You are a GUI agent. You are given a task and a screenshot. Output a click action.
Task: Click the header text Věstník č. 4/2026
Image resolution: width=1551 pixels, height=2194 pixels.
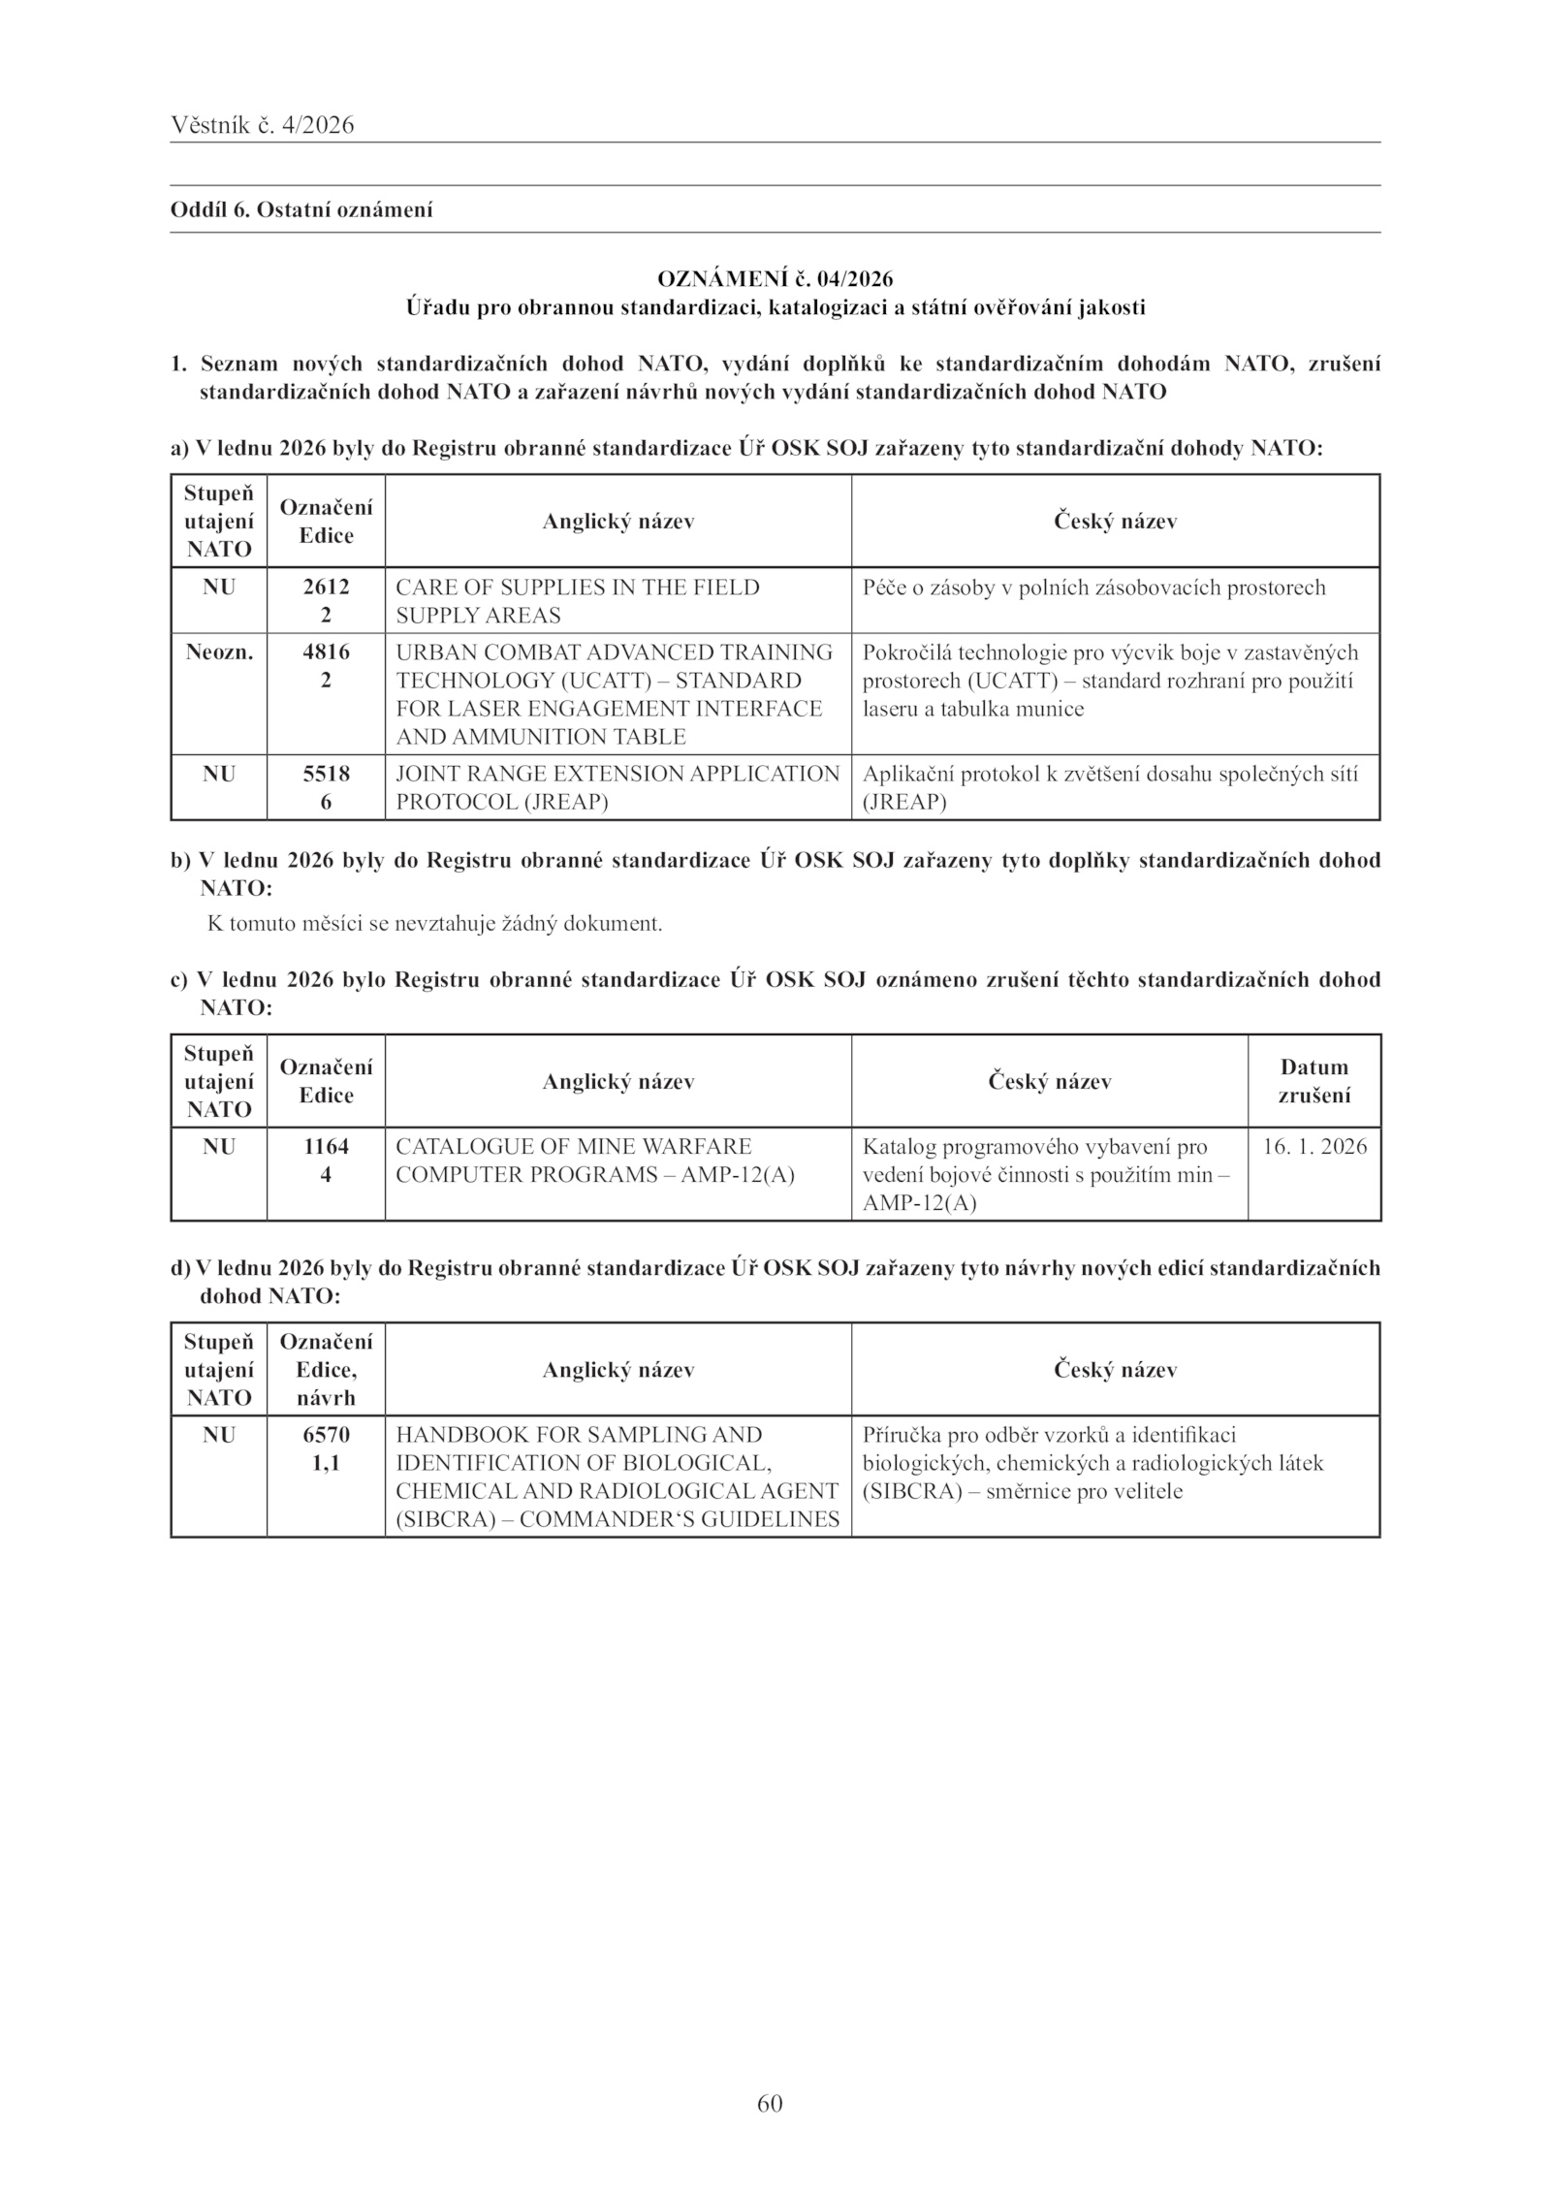click(x=262, y=125)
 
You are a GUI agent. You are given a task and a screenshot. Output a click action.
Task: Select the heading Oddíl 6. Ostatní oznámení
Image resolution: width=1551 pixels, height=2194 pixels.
click(x=301, y=209)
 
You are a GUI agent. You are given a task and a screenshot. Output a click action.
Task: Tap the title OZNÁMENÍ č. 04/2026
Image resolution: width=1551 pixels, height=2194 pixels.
click(x=775, y=279)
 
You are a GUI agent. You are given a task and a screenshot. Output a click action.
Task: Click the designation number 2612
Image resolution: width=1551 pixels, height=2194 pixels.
click(x=326, y=588)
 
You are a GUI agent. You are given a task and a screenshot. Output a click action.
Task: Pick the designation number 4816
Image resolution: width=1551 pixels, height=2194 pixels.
click(x=326, y=652)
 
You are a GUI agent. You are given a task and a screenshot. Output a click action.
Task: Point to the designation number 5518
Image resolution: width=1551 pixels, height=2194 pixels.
click(x=326, y=774)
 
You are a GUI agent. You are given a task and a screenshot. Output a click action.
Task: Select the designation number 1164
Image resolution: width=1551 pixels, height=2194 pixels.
click(x=326, y=1147)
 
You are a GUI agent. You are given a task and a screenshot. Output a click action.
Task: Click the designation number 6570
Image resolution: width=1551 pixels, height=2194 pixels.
click(x=326, y=1435)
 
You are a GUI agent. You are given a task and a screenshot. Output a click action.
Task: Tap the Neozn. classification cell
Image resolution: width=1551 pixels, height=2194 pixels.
click(x=219, y=652)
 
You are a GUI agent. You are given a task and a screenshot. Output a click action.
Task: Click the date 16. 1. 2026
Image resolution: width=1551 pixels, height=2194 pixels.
click(x=1314, y=1147)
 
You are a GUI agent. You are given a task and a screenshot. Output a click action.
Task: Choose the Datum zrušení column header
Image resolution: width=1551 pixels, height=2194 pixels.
click(x=1314, y=1081)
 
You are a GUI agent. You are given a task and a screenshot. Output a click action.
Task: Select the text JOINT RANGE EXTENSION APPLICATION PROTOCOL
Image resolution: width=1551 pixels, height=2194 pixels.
click(x=617, y=787)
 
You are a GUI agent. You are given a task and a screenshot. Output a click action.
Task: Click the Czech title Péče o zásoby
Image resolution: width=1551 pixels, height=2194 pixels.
click(x=1093, y=588)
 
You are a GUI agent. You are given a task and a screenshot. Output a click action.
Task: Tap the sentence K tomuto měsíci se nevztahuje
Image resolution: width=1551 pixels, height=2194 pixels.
click(x=435, y=924)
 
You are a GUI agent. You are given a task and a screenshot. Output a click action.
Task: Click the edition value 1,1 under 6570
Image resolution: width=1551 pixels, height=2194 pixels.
click(x=326, y=1463)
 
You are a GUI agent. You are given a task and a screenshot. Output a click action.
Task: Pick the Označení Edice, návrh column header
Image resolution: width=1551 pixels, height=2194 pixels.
click(x=326, y=1370)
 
